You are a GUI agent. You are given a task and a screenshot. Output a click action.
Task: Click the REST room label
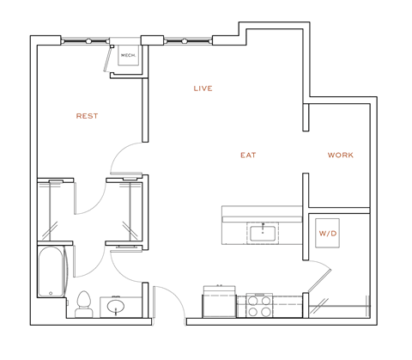(88, 115)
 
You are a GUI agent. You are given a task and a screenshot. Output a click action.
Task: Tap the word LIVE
(203, 88)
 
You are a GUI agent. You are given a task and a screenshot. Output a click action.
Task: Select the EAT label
(249, 156)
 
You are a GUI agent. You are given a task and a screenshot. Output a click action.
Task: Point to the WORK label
(341, 156)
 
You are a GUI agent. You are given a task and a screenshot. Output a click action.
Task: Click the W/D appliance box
(328, 233)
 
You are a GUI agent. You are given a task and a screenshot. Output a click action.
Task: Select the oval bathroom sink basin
(115, 306)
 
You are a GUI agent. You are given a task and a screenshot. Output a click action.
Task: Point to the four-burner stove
(258, 306)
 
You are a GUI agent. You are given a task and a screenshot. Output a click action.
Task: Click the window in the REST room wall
(87, 40)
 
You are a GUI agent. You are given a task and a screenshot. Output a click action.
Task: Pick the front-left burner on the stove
(253, 313)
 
